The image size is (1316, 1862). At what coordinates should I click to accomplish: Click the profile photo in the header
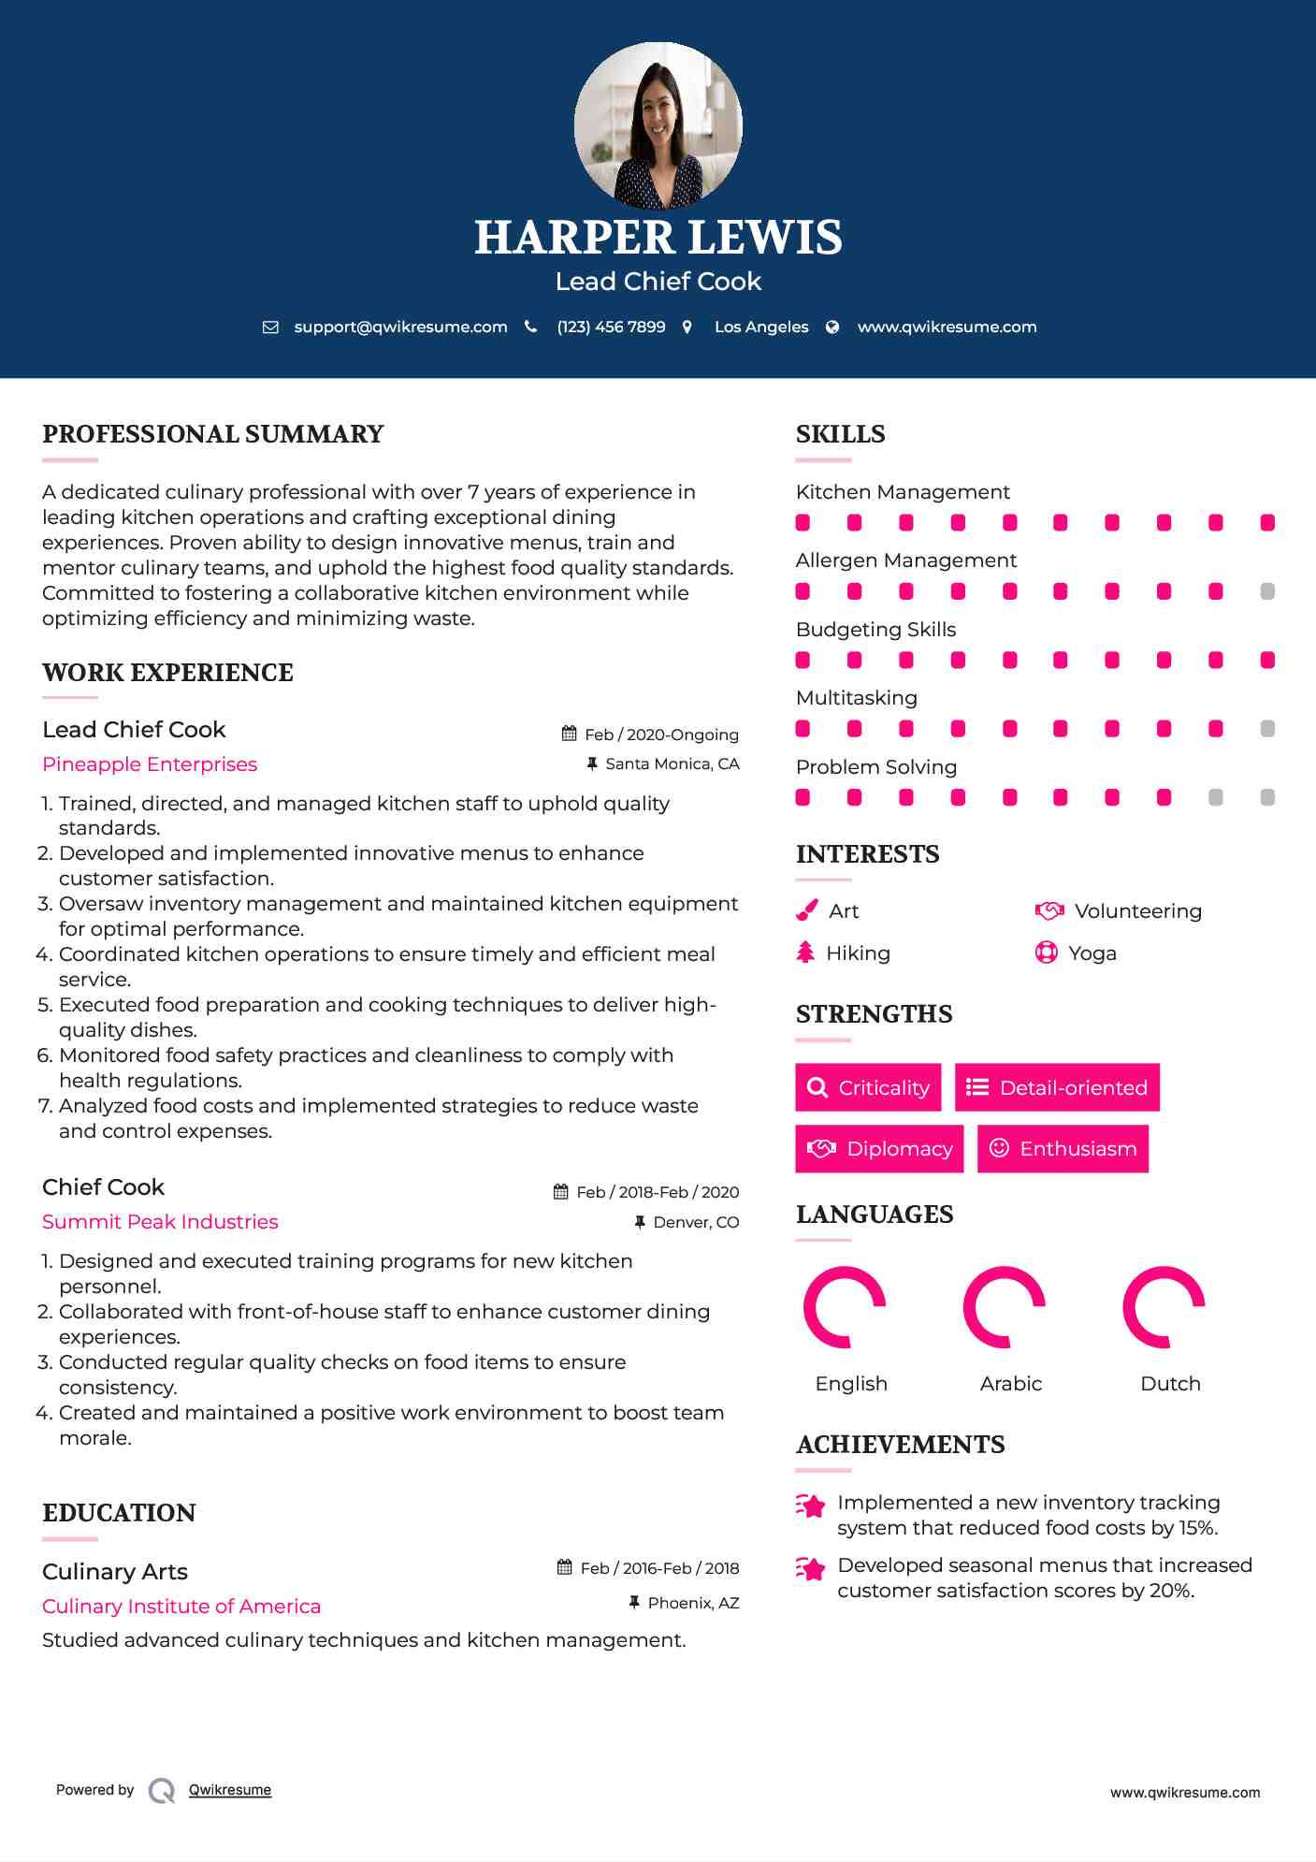[658, 125]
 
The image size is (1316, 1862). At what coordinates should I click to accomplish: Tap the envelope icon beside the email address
[270, 327]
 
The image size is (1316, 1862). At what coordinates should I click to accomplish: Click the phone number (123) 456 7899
[611, 327]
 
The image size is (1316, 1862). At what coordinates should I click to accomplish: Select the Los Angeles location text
[761, 327]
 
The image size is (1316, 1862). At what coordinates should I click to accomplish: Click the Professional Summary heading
[213, 434]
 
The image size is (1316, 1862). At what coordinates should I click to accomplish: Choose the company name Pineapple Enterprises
[150, 764]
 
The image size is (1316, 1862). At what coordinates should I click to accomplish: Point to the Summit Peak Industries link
[160, 1222]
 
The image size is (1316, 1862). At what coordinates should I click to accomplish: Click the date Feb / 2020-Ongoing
[661, 735]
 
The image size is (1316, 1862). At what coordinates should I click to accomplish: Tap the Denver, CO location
[696, 1222]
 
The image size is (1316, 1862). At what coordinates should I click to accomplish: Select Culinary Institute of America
[181, 1607]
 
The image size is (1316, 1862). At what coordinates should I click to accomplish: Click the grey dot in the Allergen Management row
[1267, 591]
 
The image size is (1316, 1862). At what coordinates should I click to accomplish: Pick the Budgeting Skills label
[875, 630]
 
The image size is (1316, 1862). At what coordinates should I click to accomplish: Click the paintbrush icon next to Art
[806, 911]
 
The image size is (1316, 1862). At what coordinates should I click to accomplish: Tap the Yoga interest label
[1092, 953]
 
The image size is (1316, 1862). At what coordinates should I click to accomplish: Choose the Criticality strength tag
[868, 1087]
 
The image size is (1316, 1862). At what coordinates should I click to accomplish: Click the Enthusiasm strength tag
[1063, 1149]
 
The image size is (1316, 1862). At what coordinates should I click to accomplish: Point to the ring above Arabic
[1004, 1307]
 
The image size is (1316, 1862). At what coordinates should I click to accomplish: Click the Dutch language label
[1170, 1384]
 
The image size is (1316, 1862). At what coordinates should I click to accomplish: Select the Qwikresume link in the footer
[230, 1790]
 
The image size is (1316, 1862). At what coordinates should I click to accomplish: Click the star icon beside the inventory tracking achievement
[810, 1506]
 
